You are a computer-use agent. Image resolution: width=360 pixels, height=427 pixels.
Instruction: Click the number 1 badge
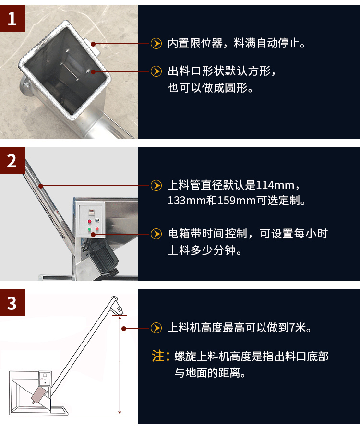12,18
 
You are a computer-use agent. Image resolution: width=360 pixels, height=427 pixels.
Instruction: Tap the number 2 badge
12,160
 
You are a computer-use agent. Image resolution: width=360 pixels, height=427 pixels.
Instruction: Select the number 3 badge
12,303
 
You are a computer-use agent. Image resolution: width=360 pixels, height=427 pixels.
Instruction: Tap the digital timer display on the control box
91,211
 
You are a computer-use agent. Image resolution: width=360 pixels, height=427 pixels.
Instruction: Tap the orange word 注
158,356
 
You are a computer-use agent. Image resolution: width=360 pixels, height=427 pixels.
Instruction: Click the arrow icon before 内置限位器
156,44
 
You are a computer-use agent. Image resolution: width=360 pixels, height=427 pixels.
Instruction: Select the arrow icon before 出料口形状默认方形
156,72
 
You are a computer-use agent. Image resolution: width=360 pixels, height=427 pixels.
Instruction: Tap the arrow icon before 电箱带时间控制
156,234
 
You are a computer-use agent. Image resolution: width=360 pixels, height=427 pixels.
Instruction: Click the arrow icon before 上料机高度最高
156,328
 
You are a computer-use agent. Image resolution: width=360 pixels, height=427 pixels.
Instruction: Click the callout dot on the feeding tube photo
41,186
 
